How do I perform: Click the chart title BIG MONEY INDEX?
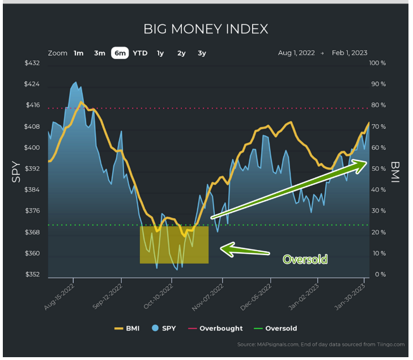206,29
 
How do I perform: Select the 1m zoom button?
78,53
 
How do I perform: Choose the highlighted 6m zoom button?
120,53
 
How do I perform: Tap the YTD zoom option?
140,53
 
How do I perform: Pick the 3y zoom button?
202,53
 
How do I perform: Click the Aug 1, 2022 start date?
296,53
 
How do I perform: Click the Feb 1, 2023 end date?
350,53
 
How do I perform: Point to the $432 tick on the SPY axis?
32,63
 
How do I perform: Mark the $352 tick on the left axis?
32,275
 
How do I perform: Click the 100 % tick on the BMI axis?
377,63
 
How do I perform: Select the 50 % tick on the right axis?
378,169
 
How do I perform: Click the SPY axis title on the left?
17,172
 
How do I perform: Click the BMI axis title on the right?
395,168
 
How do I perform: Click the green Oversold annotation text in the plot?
305,260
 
